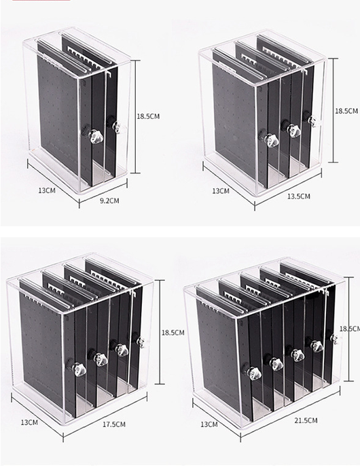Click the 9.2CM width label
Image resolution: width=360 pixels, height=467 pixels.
[109, 201]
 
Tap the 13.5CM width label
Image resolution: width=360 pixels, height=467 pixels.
[298, 196]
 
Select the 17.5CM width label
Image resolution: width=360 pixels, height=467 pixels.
[114, 424]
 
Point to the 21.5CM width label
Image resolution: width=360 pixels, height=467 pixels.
[306, 420]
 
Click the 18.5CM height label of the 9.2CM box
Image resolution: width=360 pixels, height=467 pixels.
[148, 116]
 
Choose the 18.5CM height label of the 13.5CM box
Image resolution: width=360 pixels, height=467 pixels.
[346, 111]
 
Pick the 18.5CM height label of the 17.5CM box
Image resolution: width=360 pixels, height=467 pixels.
[173, 332]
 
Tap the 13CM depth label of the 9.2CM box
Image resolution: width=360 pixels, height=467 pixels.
[47, 190]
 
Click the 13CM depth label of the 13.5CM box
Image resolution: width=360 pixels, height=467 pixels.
[221, 191]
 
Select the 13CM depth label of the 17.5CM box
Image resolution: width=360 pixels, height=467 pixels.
[29, 422]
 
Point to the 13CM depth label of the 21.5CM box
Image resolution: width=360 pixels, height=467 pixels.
[209, 424]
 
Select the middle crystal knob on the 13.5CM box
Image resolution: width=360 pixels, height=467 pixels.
[292, 131]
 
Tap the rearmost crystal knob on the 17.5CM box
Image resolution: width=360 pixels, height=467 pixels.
[141, 342]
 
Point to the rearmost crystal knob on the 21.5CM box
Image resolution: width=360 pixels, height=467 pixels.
[336, 339]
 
